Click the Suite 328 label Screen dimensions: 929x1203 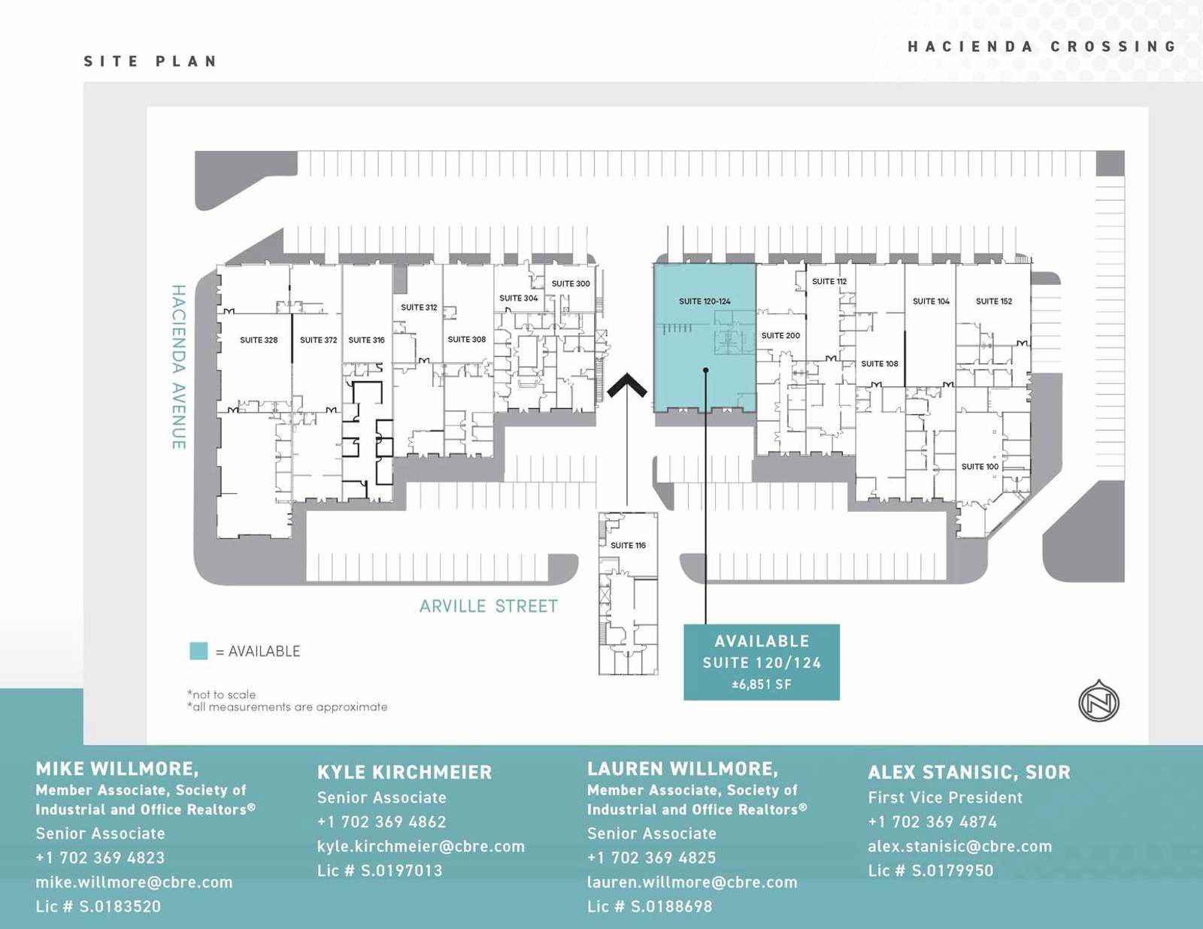pos(259,340)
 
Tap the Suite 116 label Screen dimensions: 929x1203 pos(628,545)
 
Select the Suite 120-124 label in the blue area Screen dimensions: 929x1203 pos(705,301)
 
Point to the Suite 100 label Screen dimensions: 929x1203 pos(980,467)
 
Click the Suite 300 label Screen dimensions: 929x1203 pos(571,283)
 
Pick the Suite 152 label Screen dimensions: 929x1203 pos(994,301)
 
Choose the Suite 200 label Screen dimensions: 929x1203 pos(780,335)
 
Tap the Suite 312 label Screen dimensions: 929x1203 pos(419,307)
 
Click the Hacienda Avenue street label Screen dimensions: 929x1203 pos(178,367)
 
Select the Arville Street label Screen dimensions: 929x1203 pos(489,606)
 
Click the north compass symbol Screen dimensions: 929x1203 pos(1098,702)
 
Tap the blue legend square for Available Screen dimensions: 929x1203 pos(198,651)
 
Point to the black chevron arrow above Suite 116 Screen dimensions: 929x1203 pos(627,386)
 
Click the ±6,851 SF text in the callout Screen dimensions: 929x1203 pos(762,685)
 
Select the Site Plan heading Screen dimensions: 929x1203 pos(150,61)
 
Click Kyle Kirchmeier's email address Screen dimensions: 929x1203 pos(420,846)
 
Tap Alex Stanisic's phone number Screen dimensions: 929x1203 pos(932,822)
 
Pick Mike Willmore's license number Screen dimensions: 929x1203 pos(98,906)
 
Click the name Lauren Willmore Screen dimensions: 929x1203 pos(682,769)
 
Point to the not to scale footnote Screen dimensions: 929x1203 pos(221,694)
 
